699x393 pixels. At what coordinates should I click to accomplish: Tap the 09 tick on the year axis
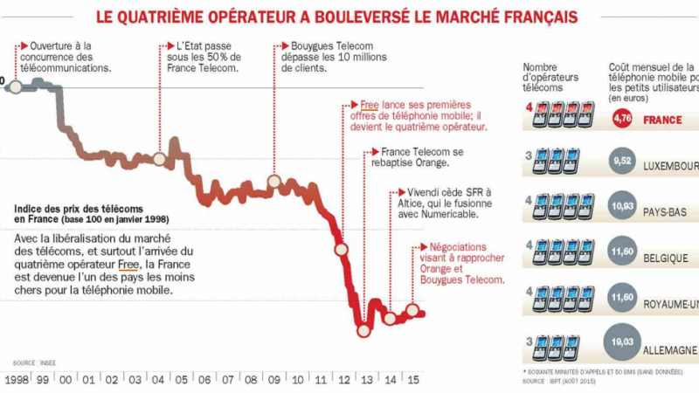[273, 380]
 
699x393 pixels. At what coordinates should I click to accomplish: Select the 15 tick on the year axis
[413, 380]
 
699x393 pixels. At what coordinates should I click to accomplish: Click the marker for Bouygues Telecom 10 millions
[273, 182]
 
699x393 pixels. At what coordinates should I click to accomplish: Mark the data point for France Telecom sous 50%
[159, 159]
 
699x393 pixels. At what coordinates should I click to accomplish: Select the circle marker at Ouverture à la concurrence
[15, 86]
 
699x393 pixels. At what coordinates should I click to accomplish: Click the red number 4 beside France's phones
[528, 108]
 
